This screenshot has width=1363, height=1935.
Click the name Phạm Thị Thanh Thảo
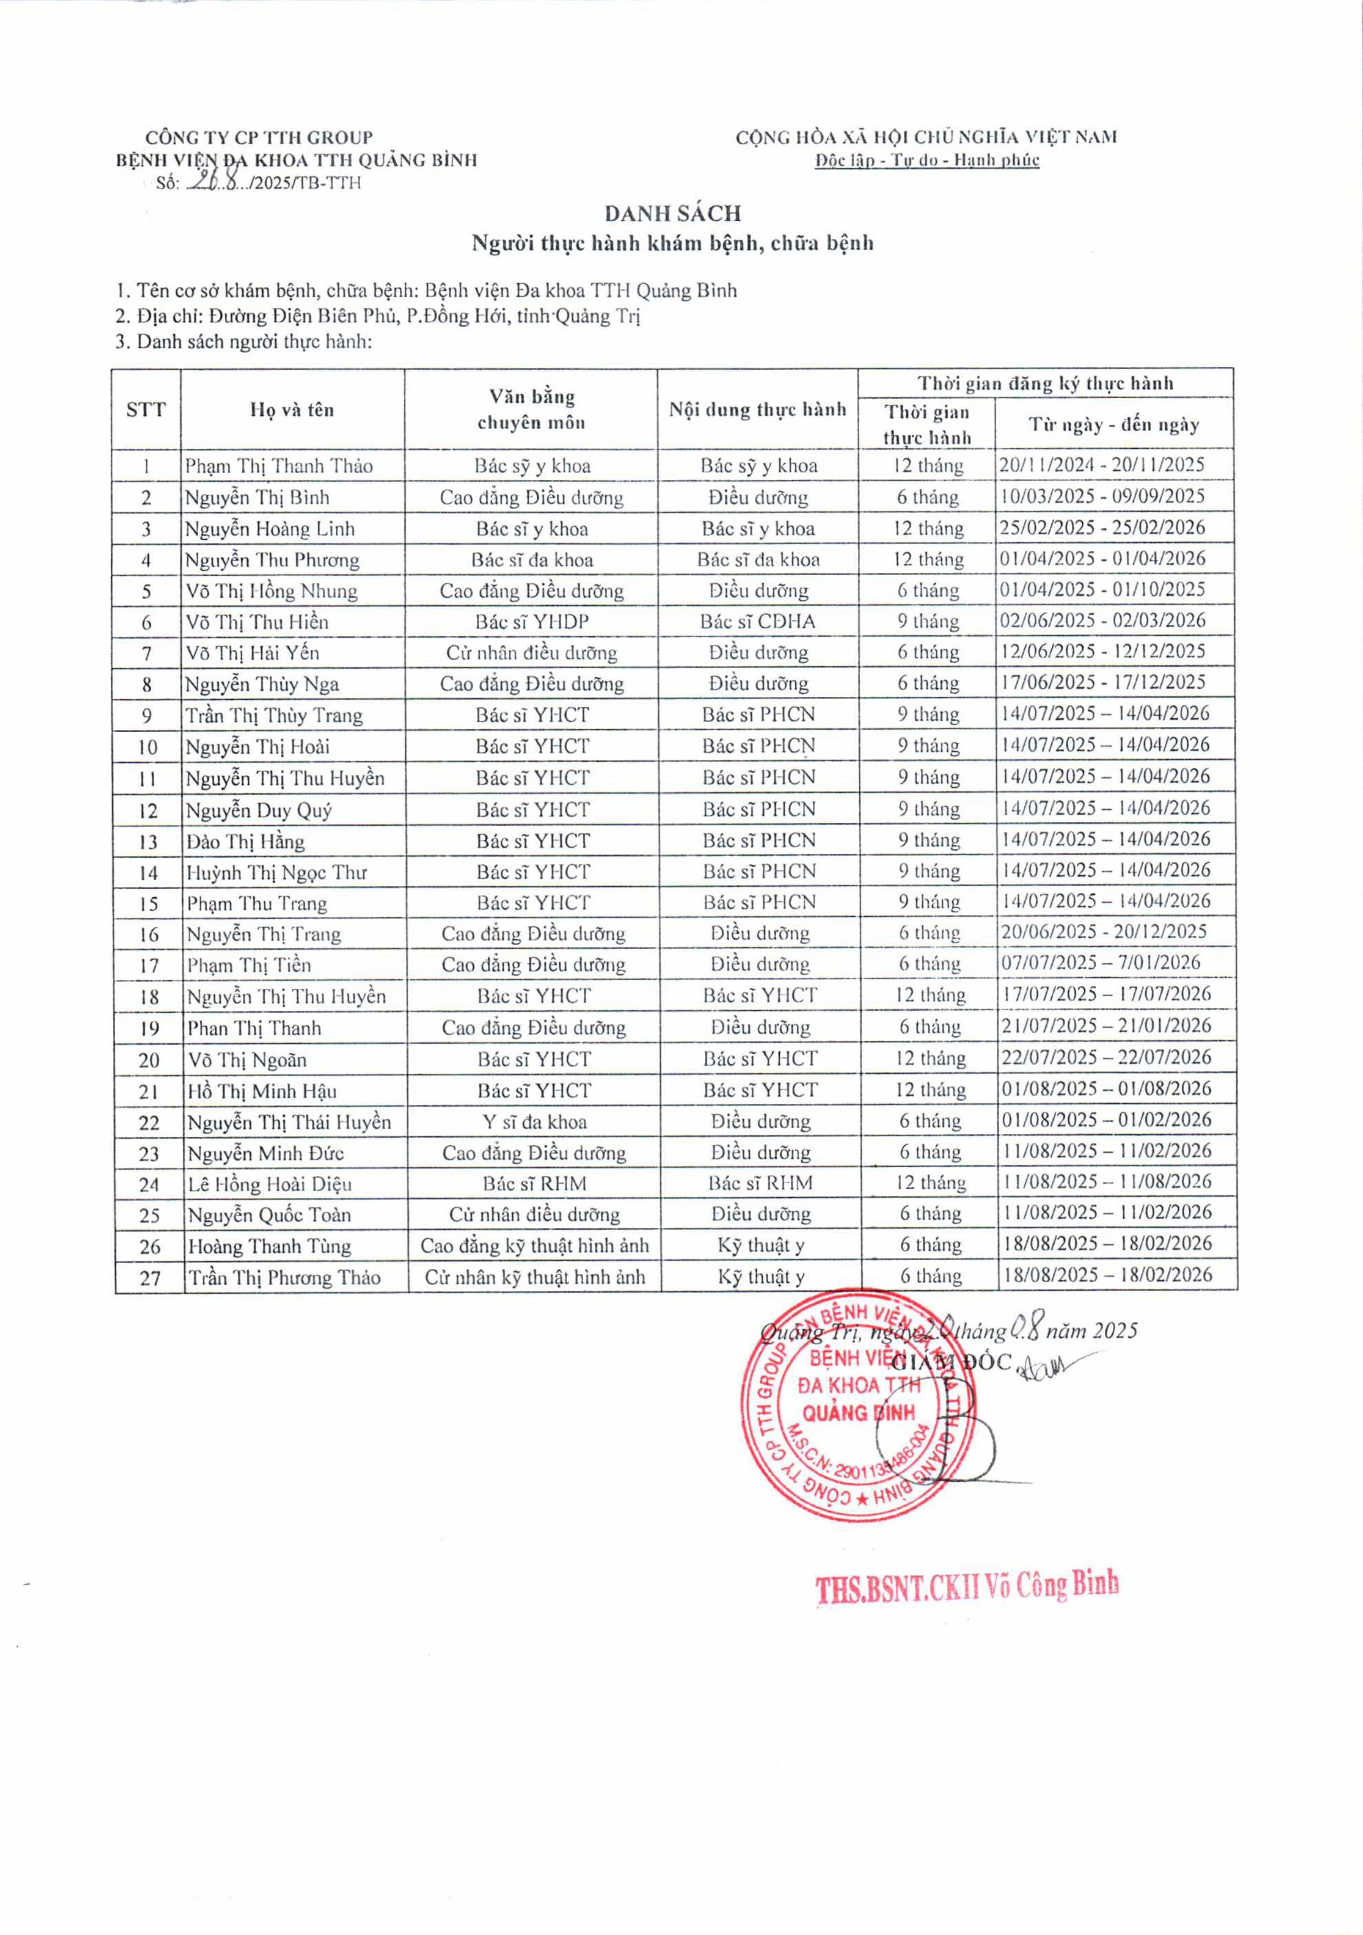(x=279, y=466)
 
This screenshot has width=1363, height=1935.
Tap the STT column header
(x=146, y=410)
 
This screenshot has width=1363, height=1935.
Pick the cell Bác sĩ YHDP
(x=531, y=622)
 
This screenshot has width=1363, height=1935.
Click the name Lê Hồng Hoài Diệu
(x=269, y=1184)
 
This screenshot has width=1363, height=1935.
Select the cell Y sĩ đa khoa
(x=534, y=1121)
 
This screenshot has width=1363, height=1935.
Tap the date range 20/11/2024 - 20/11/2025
(x=1102, y=464)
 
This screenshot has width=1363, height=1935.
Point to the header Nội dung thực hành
(x=757, y=410)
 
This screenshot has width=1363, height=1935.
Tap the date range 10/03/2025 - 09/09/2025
(x=1102, y=496)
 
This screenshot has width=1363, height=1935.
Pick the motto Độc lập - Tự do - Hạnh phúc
(x=927, y=160)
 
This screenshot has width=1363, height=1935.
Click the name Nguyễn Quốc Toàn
(x=269, y=1215)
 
